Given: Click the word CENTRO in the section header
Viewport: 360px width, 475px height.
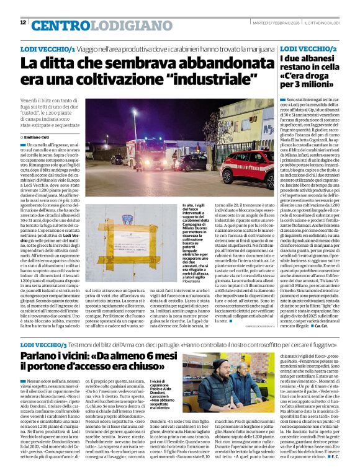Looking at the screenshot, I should pyautogui.click(x=58, y=25).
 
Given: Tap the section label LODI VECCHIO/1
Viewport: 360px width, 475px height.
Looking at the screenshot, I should pyautogui.click(x=48, y=48).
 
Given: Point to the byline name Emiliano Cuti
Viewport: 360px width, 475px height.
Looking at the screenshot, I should pyautogui.click(x=37, y=136).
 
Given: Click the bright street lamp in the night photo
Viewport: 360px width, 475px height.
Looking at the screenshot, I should pyautogui.click(x=134, y=112).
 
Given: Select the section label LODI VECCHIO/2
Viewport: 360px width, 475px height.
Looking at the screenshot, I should pyautogui.click(x=308, y=48).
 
